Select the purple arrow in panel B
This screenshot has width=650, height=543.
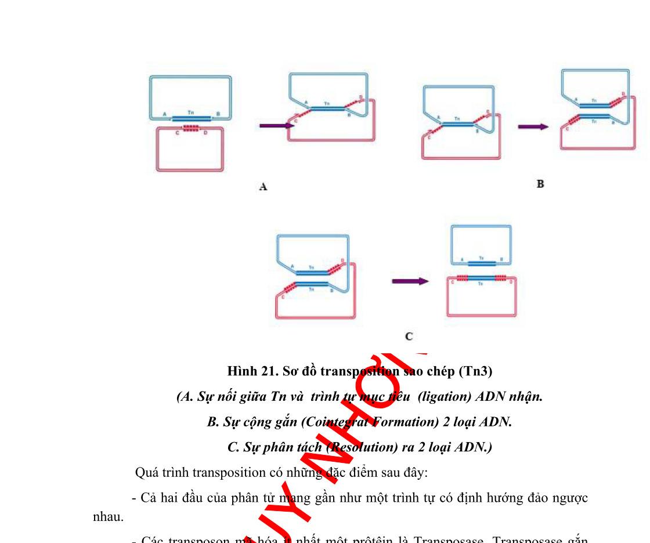click(x=533, y=126)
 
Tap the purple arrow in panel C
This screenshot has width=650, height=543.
click(x=410, y=281)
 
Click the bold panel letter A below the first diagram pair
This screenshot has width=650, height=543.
click(x=263, y=187)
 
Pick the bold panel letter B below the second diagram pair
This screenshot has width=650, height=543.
click(x=540, y=184)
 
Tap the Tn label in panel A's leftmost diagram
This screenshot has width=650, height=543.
click(x=191, y=111)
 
